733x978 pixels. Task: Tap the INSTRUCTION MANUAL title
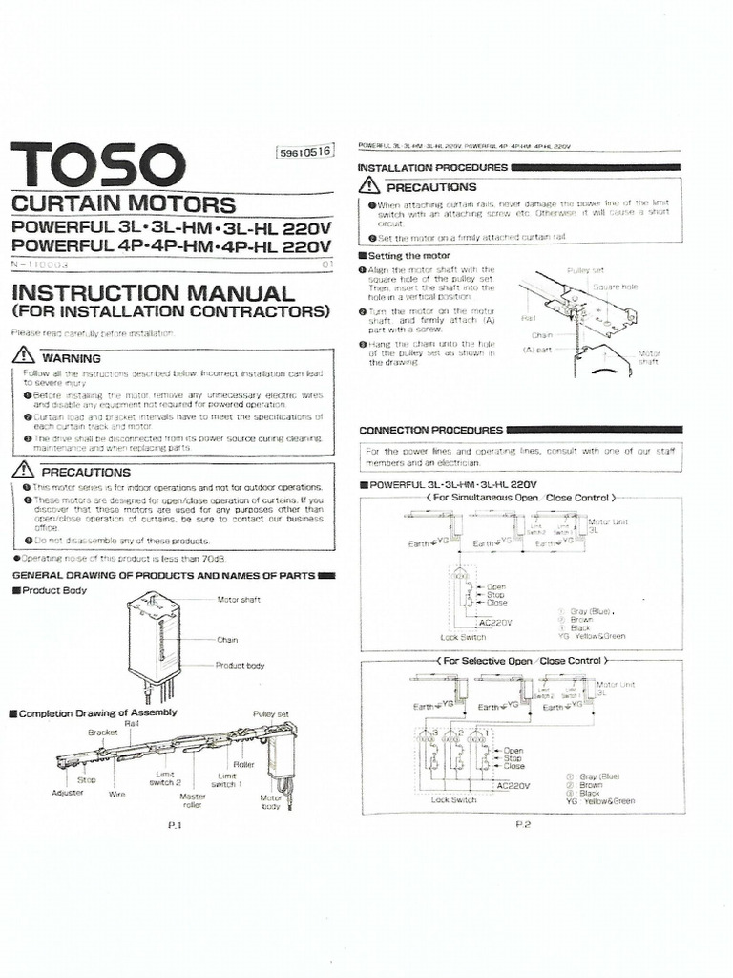153,293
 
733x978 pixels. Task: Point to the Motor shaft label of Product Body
238,600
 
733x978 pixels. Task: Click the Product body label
239,665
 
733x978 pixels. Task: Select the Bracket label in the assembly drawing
102,733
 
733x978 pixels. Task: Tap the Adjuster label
67,793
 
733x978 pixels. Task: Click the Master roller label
193,800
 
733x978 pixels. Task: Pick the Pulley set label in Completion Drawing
270,713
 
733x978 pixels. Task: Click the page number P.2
523,824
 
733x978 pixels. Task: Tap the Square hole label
615,286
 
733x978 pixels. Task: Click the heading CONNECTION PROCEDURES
430,430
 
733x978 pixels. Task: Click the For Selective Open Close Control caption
521,660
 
